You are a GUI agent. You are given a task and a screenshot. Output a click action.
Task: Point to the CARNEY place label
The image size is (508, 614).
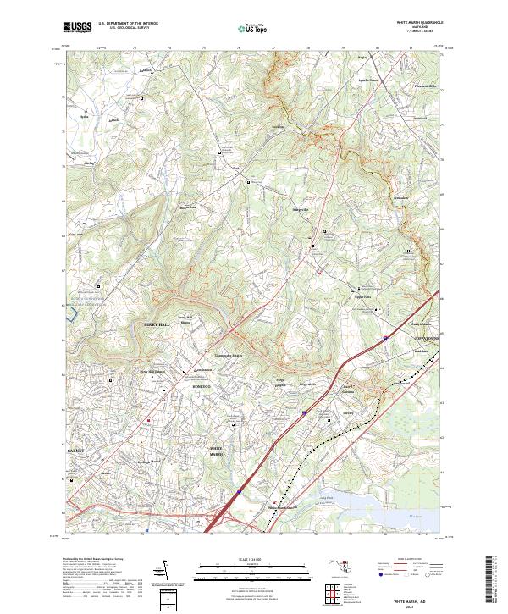click(x=77, y=451)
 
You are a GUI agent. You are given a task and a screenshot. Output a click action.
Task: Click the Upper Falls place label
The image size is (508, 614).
click(x=363, y=296)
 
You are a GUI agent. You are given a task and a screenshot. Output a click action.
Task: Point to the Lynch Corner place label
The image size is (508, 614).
click(x=369, y=80)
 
